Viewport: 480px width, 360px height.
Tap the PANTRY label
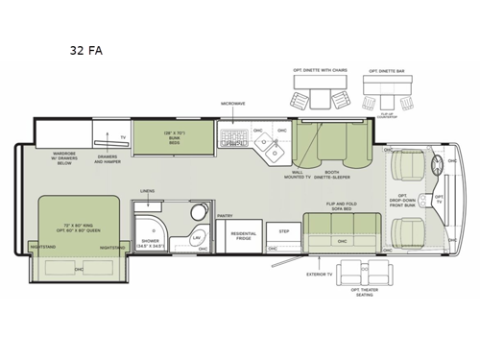(x=226, y=216)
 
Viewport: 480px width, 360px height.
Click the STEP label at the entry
(x=284, y=231)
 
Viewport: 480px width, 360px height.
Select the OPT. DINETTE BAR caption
(x=394, y=71)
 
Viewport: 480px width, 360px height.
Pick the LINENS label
(x=147, y=192)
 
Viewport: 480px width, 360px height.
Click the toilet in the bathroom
(x=198, y=213)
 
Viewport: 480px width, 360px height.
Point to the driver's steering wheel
(x=440, y=164)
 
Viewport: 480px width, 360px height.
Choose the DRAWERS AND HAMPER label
(x=108, y=160)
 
